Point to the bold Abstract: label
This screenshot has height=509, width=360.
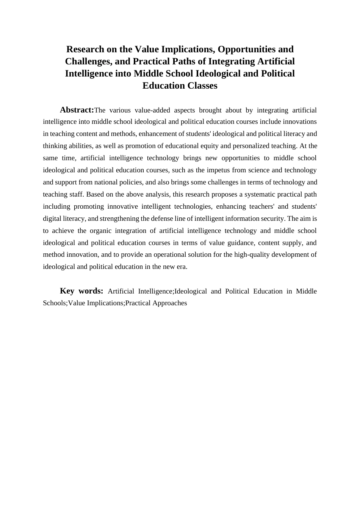click(x=77, y=110)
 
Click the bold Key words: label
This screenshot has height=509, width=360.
click(x=81, y=291)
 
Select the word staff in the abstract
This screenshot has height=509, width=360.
click(x=75, y=194)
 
